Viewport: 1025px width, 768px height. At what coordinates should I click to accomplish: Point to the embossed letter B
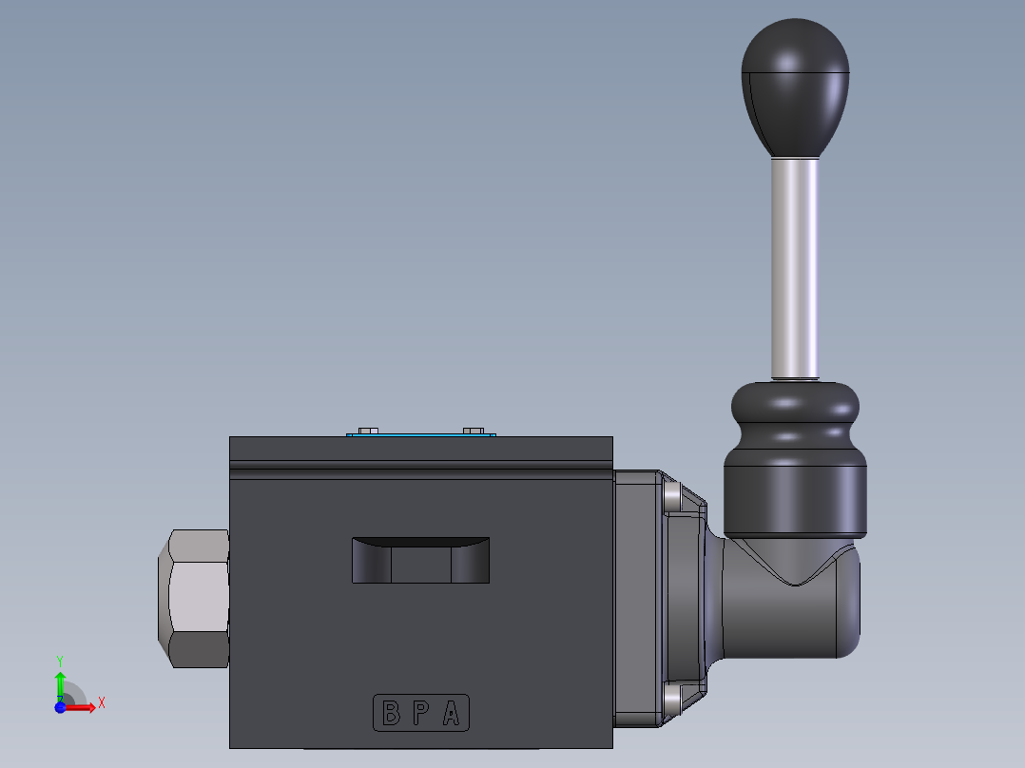(391, 713)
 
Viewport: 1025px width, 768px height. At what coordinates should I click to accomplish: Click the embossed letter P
(420, 713)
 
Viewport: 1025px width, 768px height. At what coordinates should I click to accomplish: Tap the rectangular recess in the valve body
(420, 561)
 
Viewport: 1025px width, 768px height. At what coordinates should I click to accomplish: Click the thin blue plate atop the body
(421, 435)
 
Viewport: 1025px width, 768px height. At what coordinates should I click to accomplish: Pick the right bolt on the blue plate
(473, 431)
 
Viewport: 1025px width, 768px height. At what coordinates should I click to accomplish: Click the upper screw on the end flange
(672, 496)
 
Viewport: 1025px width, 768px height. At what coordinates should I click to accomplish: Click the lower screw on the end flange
(672, 698)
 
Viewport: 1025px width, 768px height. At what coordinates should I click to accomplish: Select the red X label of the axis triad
(102, 702)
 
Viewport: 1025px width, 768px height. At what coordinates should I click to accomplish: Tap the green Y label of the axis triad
(60, 660)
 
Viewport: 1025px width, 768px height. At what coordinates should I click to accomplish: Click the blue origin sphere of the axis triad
(60, 708)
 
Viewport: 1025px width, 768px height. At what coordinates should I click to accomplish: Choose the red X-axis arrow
(81, 708)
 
